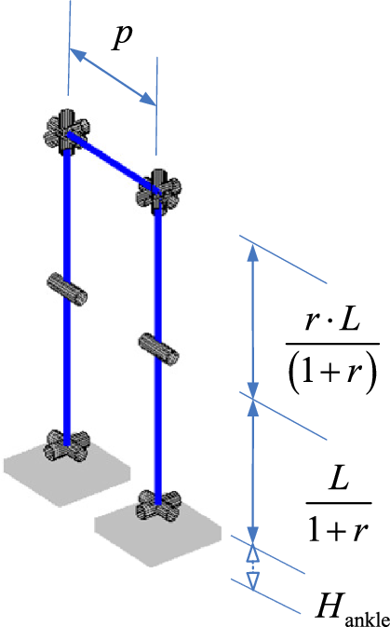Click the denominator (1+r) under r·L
[331, 373]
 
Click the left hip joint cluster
[66, 133]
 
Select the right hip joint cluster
[158, 193]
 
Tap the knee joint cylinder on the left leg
[67, 290]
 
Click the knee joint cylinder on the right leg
[158, 348]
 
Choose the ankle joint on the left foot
[67, 446]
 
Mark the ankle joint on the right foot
[158, 506]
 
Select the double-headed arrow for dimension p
[113, 76]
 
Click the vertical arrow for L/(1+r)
[253, 470]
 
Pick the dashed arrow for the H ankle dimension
[253, 566]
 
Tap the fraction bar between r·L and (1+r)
[332, 343]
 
